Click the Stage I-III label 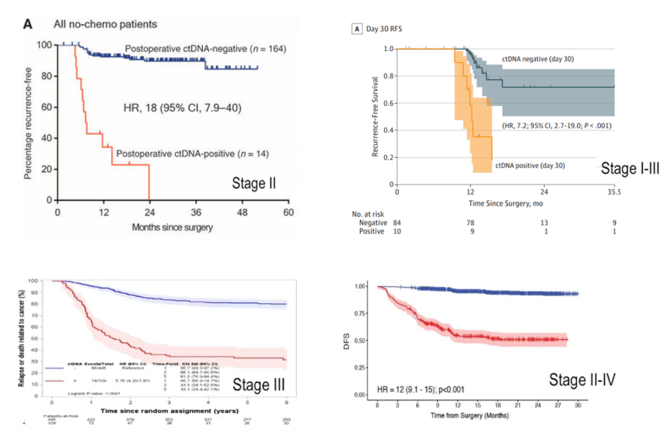pos(630,168)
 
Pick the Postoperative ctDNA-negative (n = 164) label pos(204,49)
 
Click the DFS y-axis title pos(348,340)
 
